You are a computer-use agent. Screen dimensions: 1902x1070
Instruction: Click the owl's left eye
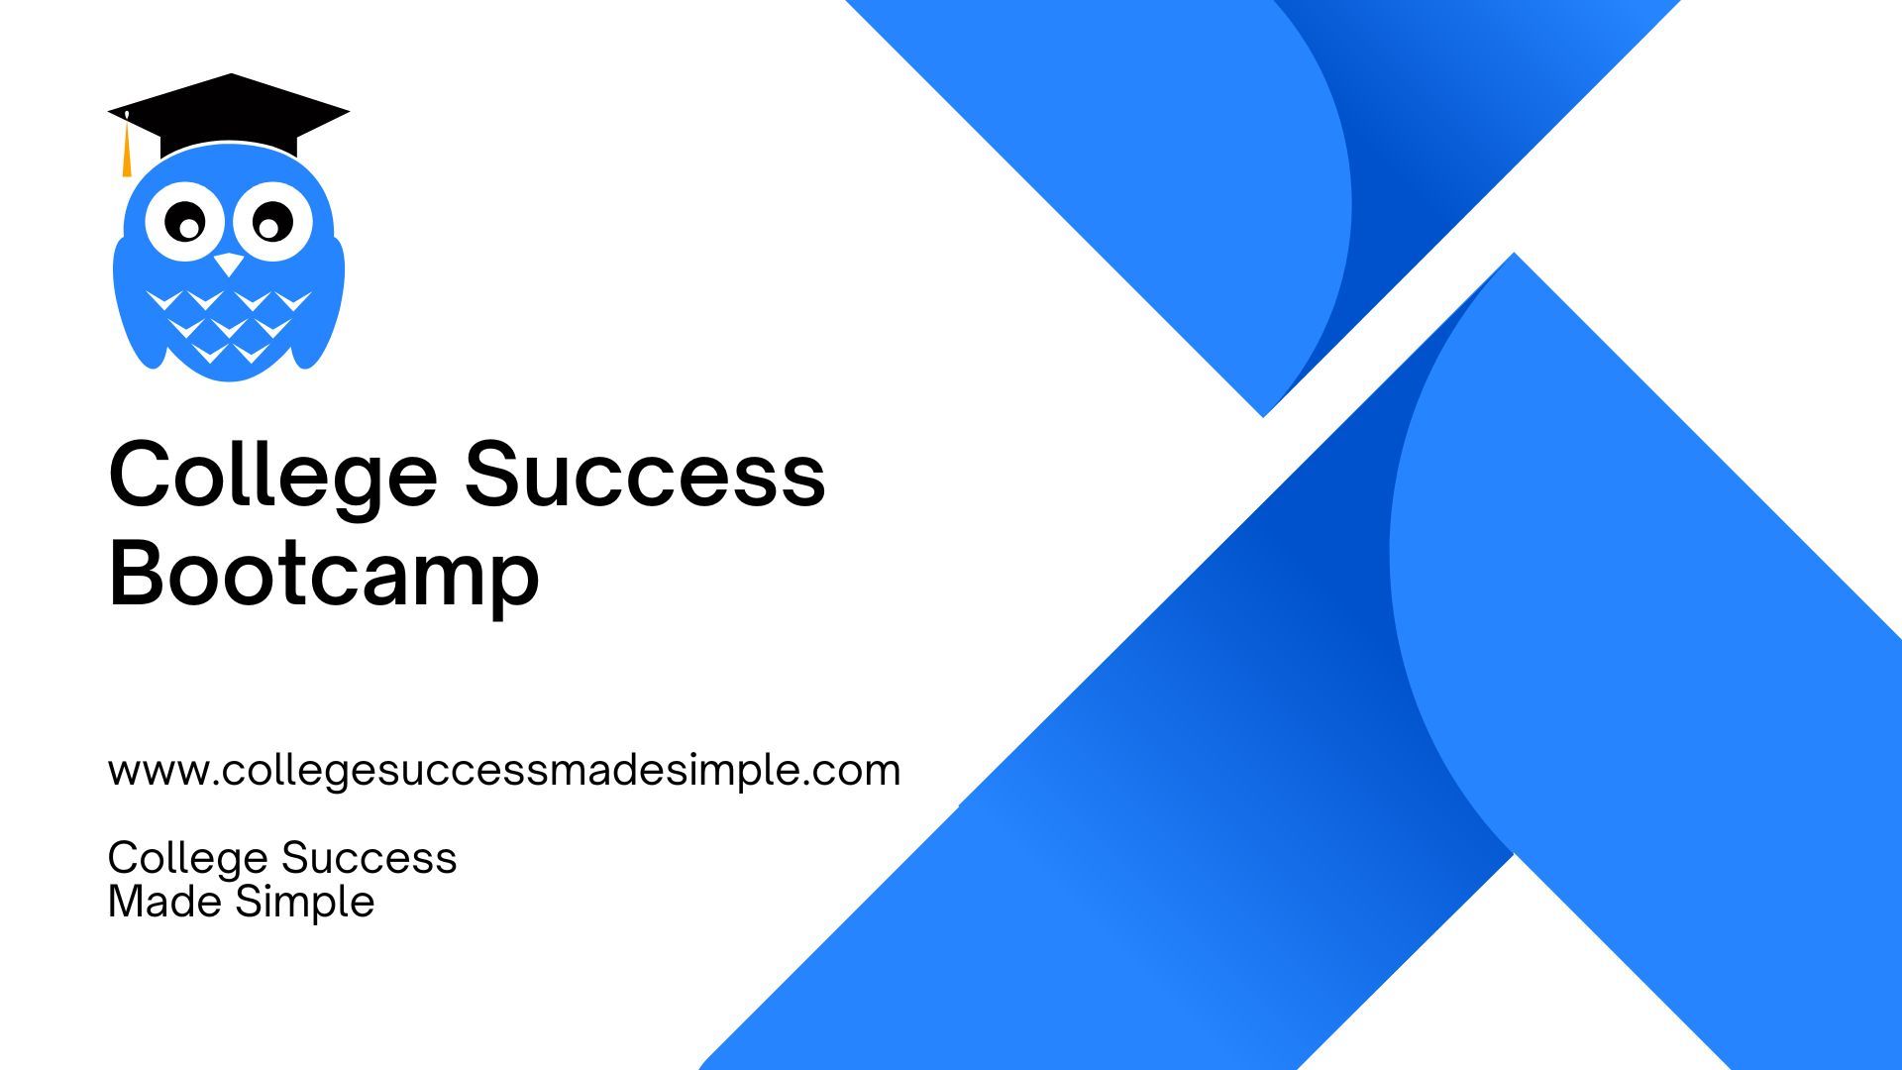pos(185,222)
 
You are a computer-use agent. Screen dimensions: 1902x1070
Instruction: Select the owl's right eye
pos(270,222)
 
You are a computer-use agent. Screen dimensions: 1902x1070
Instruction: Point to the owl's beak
pos(229,264)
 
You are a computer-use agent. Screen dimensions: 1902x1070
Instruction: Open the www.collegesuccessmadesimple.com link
pos(504,771)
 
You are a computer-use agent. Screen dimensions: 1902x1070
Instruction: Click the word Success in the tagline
pos(369,858)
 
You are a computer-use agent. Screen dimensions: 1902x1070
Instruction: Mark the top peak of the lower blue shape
pos(1514,254)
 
